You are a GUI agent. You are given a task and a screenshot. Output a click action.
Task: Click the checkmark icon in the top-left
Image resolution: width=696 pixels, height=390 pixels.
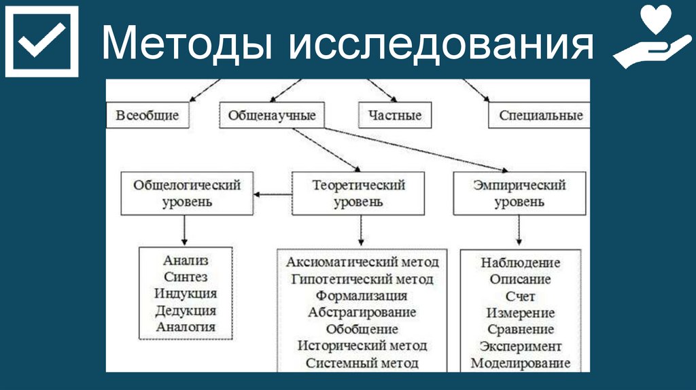point(41,41)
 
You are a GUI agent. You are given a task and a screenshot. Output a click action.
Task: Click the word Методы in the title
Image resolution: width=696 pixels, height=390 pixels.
point(187,46)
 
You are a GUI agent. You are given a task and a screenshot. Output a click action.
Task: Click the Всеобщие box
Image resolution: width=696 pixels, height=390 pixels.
point(147,116)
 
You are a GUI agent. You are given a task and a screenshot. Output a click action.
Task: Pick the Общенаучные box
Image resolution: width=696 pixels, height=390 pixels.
point(272,116)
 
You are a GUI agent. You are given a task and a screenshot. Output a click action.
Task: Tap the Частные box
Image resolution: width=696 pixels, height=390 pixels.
point(395,116)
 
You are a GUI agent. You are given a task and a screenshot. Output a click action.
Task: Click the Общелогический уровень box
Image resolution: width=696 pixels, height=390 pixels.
point(187,194)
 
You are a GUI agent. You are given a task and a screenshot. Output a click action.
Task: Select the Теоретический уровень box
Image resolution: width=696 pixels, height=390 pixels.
point(358,194)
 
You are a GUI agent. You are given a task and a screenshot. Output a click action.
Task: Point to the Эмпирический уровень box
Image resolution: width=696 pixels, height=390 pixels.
point(519,194)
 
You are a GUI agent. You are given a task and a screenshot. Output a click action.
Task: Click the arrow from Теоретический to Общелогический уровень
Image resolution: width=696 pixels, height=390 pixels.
point(273,194)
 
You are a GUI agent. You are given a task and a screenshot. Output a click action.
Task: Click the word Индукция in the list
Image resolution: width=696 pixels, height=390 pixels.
point(186,294)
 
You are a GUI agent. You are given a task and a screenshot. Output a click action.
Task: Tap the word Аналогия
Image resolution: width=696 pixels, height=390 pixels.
point(186,327)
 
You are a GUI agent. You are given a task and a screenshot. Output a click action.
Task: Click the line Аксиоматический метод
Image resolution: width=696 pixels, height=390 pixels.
point(362,262)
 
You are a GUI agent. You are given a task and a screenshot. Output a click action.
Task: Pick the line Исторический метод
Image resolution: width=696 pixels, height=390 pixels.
point(362,346)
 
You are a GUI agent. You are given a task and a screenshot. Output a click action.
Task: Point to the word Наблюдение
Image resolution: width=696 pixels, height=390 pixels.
point(521,263)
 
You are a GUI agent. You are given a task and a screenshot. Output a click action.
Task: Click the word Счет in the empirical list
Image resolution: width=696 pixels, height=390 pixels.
point(521,296)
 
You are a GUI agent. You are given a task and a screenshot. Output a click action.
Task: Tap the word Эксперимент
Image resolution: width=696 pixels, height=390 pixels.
point(521,347)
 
